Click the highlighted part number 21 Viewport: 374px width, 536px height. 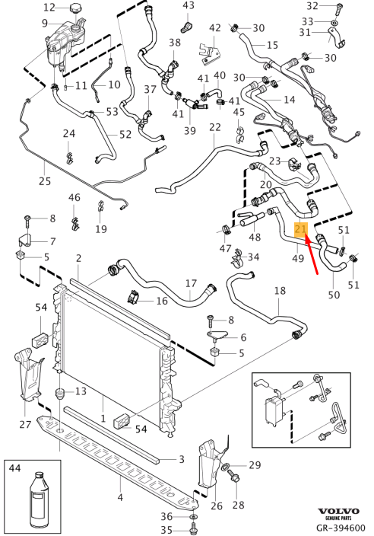pos(300,229)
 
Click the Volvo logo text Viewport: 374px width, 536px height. pos(338,512)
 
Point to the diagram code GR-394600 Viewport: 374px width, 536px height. pos(341,528)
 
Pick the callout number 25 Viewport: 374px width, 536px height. pos(45,181)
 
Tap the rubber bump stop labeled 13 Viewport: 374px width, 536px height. pos(60,393)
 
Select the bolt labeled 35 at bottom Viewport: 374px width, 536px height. pos(194,528)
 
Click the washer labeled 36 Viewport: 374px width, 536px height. pos(194,515)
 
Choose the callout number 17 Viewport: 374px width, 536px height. pos(191,283)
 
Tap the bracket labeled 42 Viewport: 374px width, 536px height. pos(209,53)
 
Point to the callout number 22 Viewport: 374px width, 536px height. pos(215,127)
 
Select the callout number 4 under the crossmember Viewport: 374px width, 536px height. pos(120,497)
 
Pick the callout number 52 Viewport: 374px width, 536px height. pos(125,134)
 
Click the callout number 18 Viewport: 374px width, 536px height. pos(280,291)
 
